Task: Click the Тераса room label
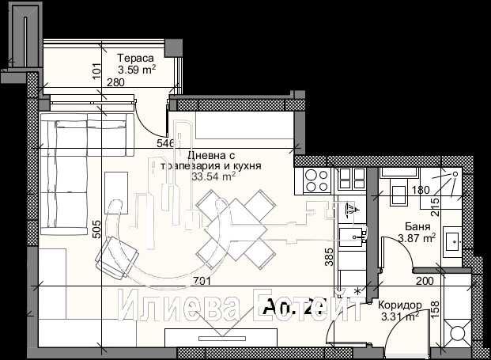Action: click(x=135, y=58)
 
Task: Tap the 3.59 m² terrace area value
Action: click(x=136, y=69)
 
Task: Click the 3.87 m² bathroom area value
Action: click(x=417, y=237)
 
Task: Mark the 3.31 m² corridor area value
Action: click(x=398, y=317)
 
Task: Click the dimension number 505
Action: click(x=96, y=229)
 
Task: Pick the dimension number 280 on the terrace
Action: click(x=116, y=81)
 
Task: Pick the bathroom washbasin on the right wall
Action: click(x=453, y=241)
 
